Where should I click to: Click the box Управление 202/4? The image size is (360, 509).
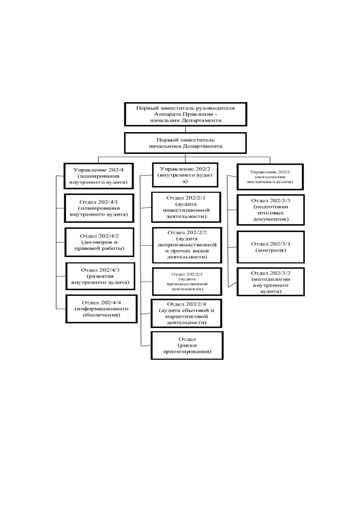[x=99, y=176]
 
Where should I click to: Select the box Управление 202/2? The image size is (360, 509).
[x=185, y=175]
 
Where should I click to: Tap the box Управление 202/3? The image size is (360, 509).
[x=270, y=177]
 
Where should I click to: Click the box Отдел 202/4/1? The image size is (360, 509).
[x=99, y=208]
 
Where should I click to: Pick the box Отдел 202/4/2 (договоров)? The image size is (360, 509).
[x=99, y=242]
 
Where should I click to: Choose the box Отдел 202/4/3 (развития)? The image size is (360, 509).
[x=100, y=276]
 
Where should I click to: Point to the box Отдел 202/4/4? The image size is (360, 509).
[x=101, y=309]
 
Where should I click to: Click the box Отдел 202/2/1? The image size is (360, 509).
[x=186, y=207]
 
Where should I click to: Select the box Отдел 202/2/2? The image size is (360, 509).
[x=187, y=245]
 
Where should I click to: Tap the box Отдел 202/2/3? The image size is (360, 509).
[x=187, y=281]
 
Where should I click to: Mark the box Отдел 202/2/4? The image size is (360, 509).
[x=186, y=313]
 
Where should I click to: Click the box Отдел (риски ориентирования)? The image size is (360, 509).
[x=187, y=345]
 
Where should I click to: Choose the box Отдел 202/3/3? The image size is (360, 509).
[x=271, y=210]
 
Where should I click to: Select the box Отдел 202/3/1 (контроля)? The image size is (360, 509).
[x=271, y=247]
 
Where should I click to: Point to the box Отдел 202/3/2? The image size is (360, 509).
[x=271, y=282]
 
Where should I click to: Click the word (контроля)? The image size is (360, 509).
[x=271, y=250]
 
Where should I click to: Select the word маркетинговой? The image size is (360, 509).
[x=186, y=316]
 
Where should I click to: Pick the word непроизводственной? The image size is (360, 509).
[x=187, y=245]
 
